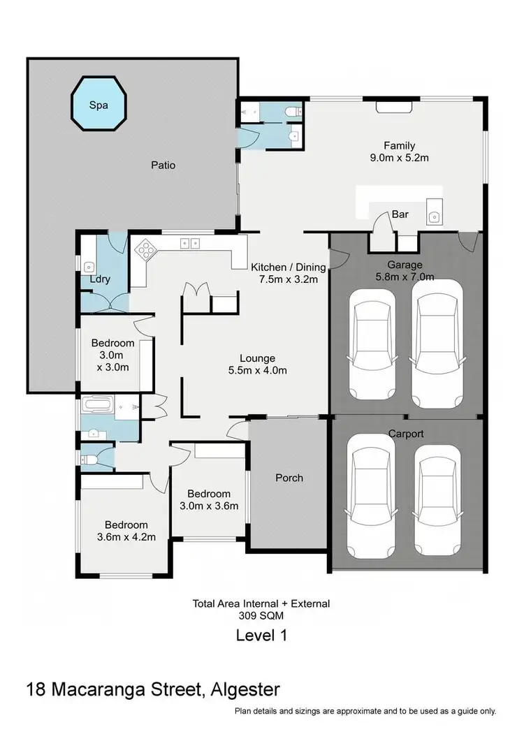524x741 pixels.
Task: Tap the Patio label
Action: tap(163, 166)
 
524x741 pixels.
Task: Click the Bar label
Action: tap(400, 214)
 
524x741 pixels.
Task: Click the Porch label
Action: tap(289, 478)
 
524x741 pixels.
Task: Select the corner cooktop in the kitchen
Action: tap(147, 250)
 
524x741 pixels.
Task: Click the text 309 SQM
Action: tap(261, 615)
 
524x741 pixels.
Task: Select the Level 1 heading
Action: tap(261, 636)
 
